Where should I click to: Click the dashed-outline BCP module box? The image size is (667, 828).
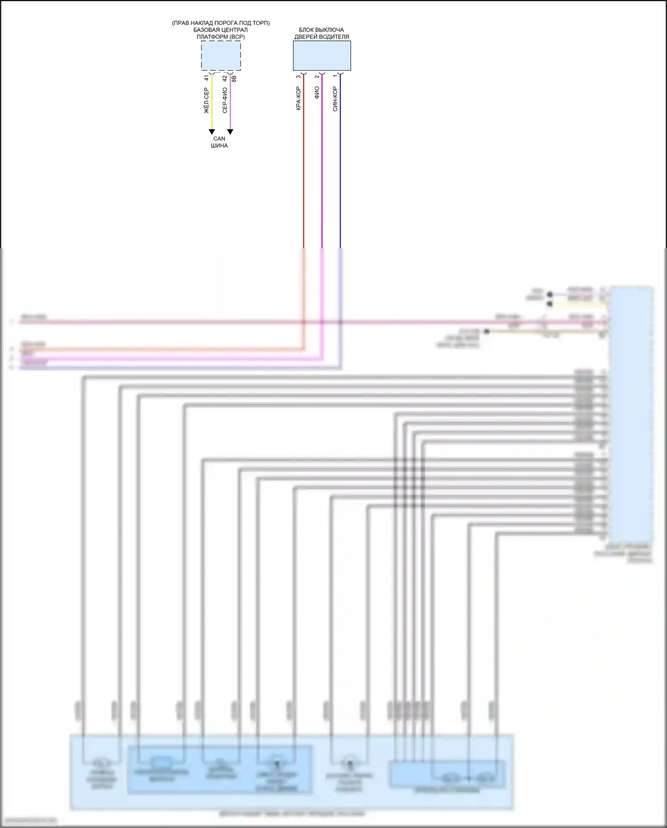click(x=221, y=56)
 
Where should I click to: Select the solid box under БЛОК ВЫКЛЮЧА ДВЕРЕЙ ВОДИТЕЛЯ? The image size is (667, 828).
click(x=321, y=56)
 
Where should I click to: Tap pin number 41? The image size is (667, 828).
click(x=206, y=78)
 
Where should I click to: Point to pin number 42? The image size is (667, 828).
click(x=225, y=78)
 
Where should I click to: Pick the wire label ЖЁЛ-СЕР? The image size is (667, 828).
click(x=206, y=100)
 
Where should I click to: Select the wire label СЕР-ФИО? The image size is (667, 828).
click(x=225, y=100)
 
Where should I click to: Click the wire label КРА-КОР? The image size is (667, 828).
click(x=298, y=98)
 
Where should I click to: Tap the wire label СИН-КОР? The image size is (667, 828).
click(x=335, y=99)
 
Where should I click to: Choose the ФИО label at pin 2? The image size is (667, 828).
click(x=317, y=93)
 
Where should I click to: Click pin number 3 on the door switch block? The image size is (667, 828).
click(x=298, y=77)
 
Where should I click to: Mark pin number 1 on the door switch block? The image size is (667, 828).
click(x=335, y=77)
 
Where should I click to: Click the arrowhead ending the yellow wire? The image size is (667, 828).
click(x=212, y=132)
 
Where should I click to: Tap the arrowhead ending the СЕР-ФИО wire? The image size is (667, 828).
click(x=230, y=132)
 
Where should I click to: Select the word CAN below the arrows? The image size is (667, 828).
click(x=219, y=139)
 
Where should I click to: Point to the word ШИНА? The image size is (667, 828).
click(x=219, y=145)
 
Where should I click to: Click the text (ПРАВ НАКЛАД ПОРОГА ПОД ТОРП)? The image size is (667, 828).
click(x=221, y=23)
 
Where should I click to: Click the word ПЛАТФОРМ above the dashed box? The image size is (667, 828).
click(x=213, y=37)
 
